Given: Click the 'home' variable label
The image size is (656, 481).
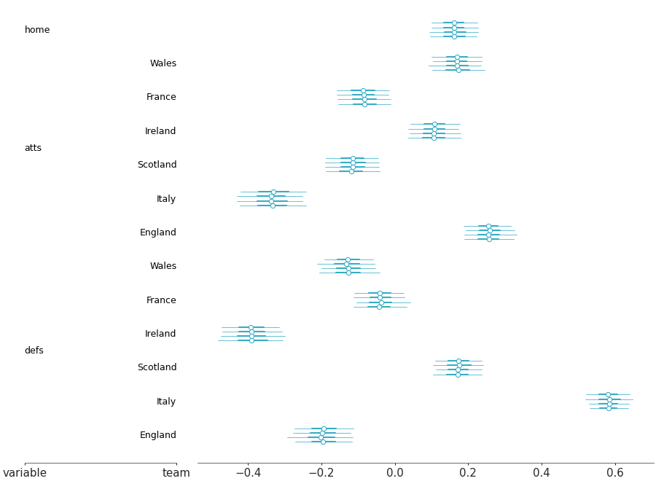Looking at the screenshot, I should (x=37, y=30).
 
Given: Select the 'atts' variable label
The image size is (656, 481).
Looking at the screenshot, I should (x=33, y=148).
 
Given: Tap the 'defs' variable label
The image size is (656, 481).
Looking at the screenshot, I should (x=34, y=351).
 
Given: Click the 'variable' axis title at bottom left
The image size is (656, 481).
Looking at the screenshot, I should (x=25, y=473).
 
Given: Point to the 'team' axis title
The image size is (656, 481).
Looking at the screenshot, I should (x=176, y=473).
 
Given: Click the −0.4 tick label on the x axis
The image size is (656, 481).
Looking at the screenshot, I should (x=248, y=473).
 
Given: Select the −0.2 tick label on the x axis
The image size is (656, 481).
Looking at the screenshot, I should (x=321, y=473).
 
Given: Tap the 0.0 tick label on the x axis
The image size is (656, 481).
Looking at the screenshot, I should (x=395, y=473).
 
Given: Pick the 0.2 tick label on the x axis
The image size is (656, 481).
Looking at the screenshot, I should (x=468, y=473).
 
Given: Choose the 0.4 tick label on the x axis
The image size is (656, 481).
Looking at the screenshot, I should (x=542, y=473).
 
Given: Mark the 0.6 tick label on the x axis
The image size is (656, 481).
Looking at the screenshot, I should (x=615, y=473).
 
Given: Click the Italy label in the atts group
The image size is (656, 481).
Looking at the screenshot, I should (x=166, y=199).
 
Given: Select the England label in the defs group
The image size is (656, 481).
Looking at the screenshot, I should (x=158, y=435).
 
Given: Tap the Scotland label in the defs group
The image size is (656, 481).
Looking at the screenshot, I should (x=157, y=367).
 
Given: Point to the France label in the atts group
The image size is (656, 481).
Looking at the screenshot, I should (x=161, y=97).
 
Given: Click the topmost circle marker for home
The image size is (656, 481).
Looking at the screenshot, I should (x=454, y=23).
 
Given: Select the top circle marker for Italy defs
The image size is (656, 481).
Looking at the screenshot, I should (x=608, y=394).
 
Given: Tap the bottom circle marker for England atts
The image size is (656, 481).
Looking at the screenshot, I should (x=489, y=239).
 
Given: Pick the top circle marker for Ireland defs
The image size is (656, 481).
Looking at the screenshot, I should (x=251, y=327).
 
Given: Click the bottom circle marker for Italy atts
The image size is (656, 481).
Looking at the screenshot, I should (x=273, y=206).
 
